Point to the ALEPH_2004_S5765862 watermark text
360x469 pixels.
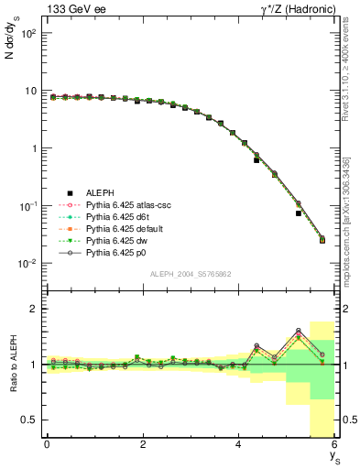191,274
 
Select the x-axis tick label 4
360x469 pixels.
239,443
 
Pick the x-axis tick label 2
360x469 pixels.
143,443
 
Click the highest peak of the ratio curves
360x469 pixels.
299,331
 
